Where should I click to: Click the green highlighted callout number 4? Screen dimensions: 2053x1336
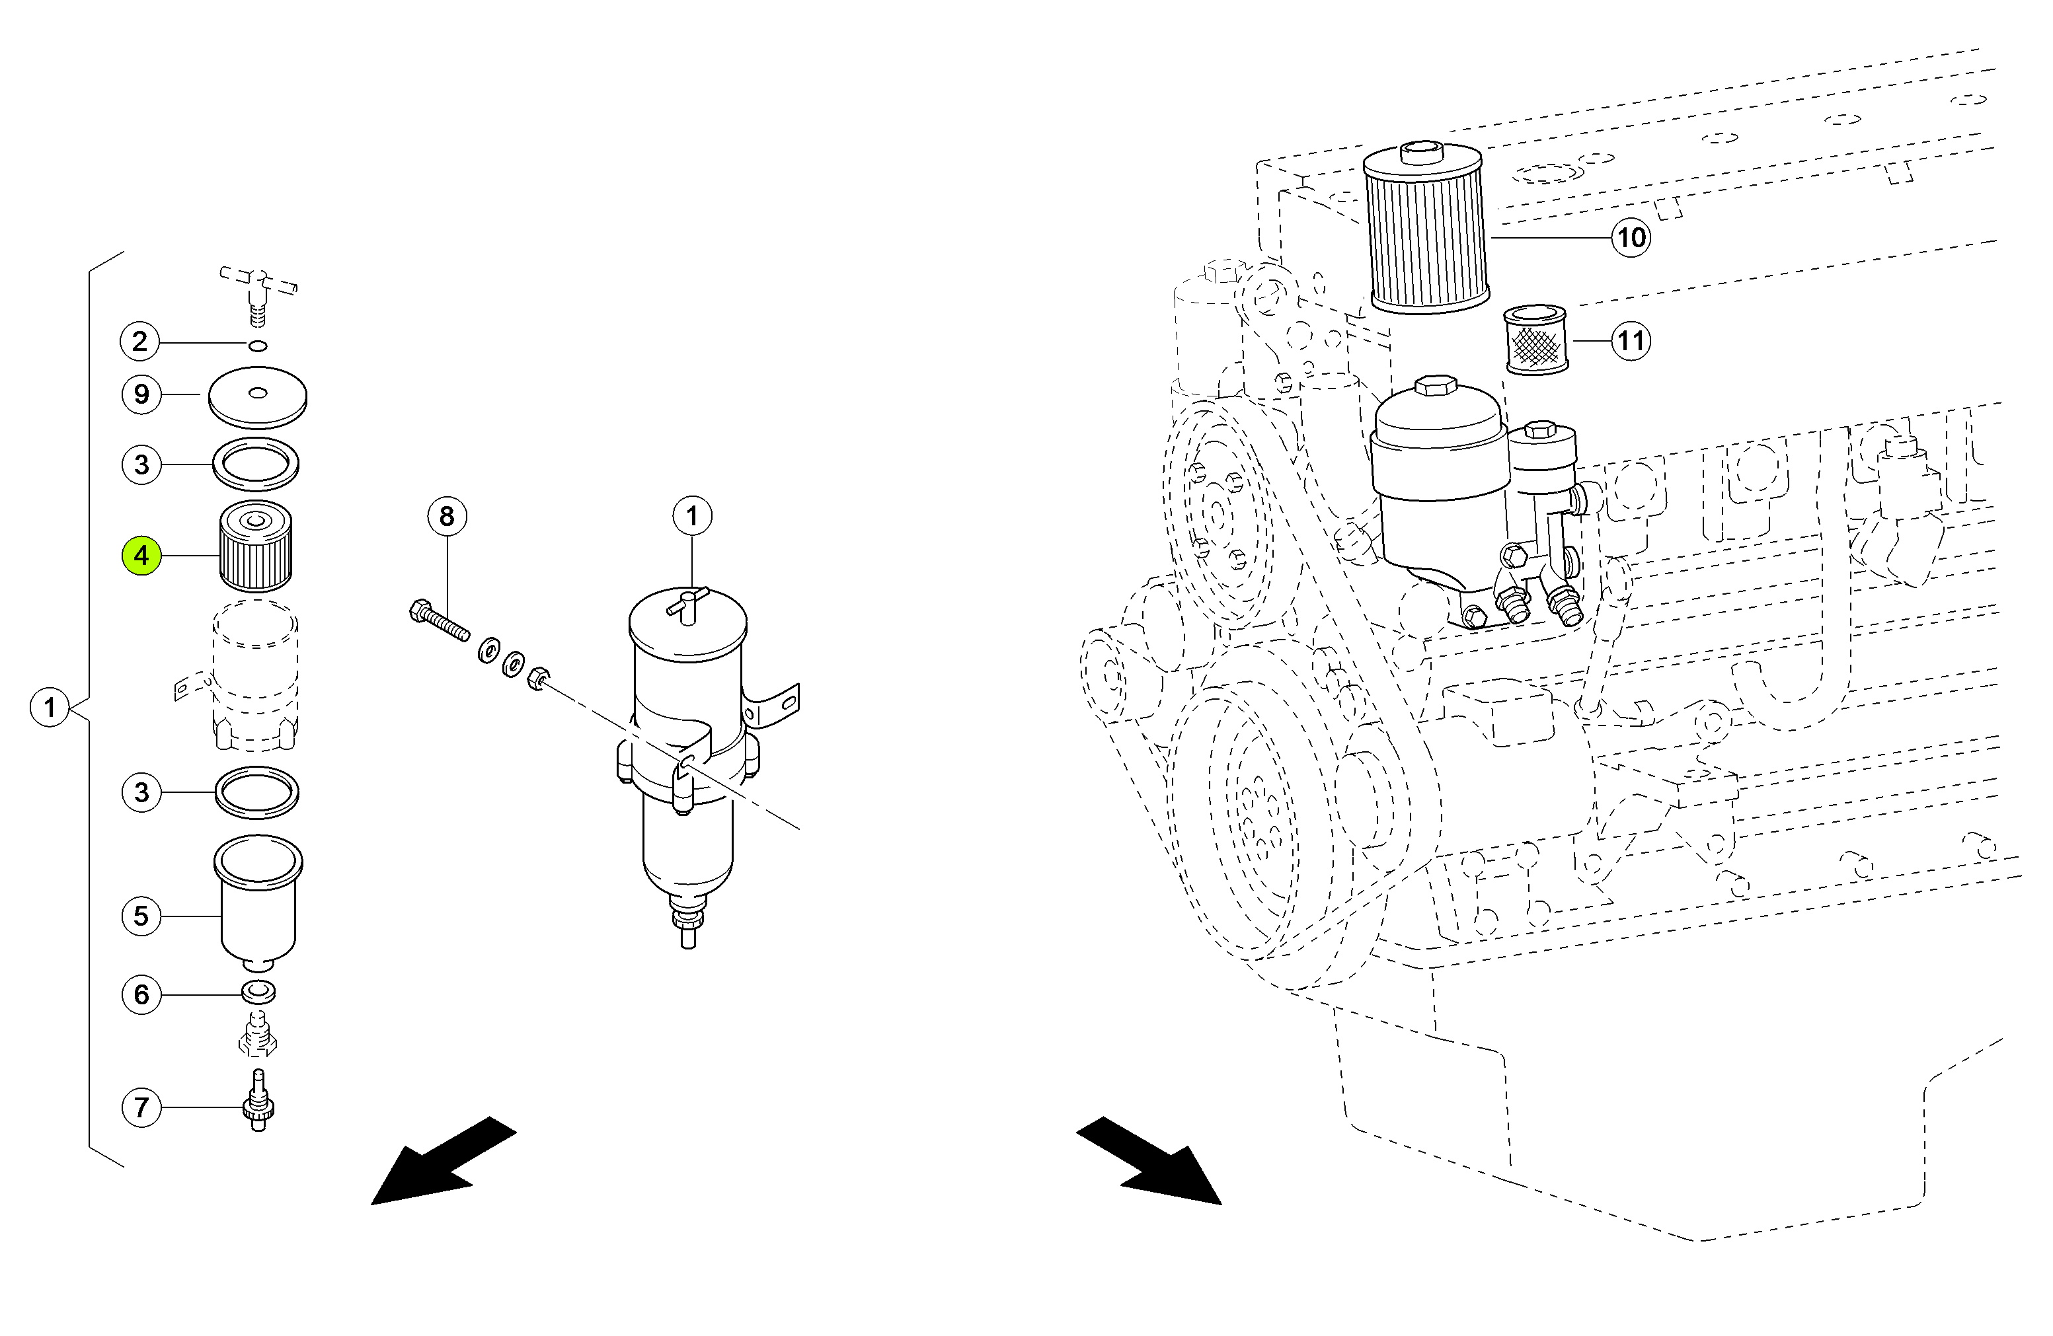(141, 556)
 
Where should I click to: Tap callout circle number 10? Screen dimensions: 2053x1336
(1631, 237)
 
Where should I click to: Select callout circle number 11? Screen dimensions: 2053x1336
(1631, 341)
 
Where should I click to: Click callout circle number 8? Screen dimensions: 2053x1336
(447, 516)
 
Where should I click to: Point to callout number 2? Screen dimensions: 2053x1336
(141, 342)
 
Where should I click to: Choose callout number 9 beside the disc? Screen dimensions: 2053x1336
(141, 394)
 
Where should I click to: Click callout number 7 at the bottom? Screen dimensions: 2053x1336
(141, 1107)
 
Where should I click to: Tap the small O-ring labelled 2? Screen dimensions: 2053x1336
(257, 346)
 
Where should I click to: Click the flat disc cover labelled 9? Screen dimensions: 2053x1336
(258, 398)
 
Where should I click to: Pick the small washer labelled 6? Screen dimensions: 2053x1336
(258, 992)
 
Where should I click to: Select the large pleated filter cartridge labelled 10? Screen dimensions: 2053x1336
(1427, 227)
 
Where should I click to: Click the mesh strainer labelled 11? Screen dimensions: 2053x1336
(1536, 340)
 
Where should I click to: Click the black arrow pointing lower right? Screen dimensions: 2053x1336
(1149, 1161)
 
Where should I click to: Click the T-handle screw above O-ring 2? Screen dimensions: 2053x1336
(258, 291)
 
